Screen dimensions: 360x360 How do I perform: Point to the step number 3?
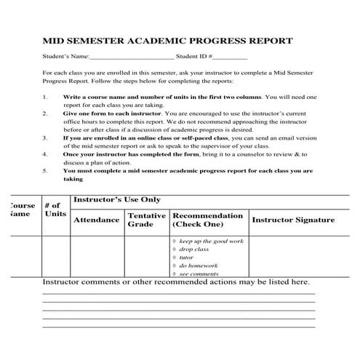point(45,137)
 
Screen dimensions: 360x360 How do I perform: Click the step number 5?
point(45,171)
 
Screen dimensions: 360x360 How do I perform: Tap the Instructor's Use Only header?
point(116,199)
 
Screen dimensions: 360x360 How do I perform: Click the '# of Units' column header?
point(55,209)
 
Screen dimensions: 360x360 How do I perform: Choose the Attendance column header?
point(97,220)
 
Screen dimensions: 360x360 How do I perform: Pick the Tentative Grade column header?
point(146,220)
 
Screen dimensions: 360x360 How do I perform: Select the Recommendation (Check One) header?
point(208,220)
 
